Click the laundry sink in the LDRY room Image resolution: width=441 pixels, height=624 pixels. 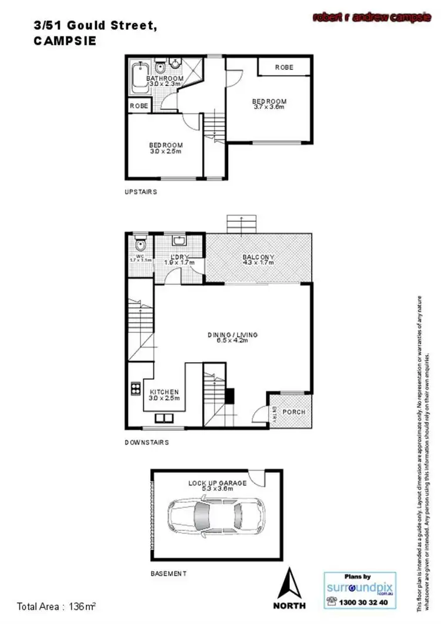click(x=178, y=241)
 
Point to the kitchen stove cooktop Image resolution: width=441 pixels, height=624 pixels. click(x=135, y=388)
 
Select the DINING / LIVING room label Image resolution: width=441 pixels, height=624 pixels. click(x=232, y=335)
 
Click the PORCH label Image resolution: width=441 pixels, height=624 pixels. click(x=294, y=412)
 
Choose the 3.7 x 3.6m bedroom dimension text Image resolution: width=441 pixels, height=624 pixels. click(x=269, y=107)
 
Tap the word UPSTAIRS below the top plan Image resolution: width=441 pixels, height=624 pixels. click(x=141, y=192)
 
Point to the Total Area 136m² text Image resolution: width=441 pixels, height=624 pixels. click(x=56, y=606)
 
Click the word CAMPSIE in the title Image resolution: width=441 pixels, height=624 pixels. click(x=65, y=42)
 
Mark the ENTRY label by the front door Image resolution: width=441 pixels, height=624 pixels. click(x=274, y=415)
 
